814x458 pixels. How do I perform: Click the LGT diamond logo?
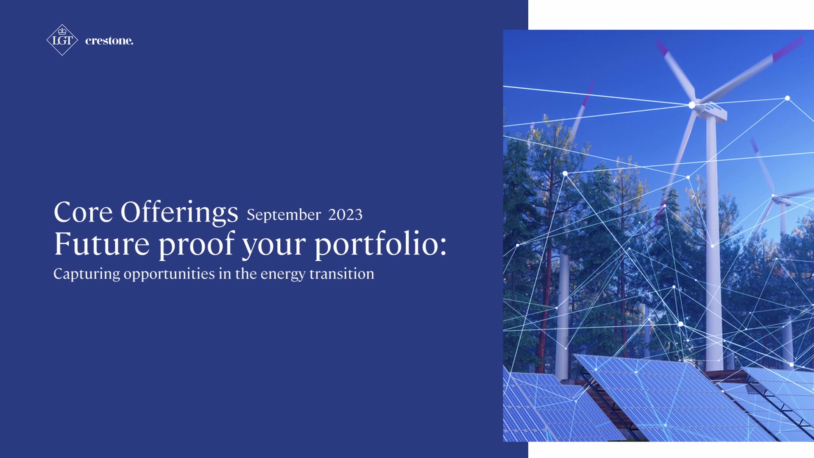pyautogui.click(x=62, y=40)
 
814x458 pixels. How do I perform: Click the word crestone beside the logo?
pyautogui.click(x=109, y=41)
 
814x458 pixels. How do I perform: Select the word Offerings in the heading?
pyautogui.click(x=179, y=212)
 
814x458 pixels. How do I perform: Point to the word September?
pyautogui.click(x=284, y=215)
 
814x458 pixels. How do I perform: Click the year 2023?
pyautogui.click(x=346, y=215)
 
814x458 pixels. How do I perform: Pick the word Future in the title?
pyautogui.click(x=102, y=244)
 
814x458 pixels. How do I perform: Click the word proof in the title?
pyautogui.click(x=197, y=245)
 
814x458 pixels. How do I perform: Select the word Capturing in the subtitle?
pyautogui.click(x=86, y=274)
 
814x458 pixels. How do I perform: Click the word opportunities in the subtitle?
pyautogui.click(x=169, y=274)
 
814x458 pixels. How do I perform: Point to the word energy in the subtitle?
pyautogui.click(x=283, y=274)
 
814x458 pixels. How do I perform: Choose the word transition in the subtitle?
pyautogui.click(x=342, y=274)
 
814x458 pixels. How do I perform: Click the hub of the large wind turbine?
pyautogui.click(x=692, y=105)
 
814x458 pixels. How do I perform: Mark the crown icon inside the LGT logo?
pyautogui.click(x=62, y=31)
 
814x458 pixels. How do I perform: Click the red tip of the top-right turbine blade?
pyautogui.click(x=788, y=48)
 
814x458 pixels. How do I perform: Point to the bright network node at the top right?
pyautogui.click(x=787, y=98)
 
